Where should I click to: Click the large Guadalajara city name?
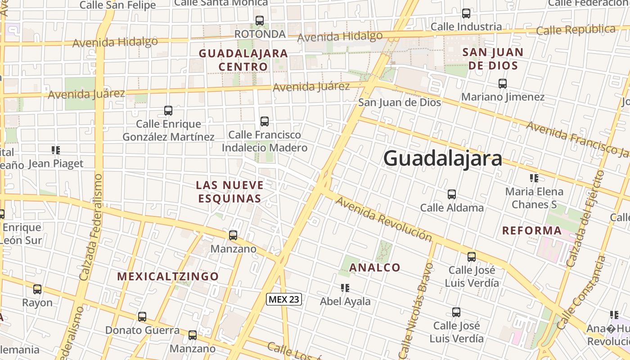pos(443,159)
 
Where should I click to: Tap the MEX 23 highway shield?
pos(284,299)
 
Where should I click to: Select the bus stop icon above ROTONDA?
pos(260,20)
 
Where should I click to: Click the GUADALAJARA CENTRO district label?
pos(243,60)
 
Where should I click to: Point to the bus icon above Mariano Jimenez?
pos(503,83)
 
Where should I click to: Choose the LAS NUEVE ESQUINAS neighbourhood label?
pos(229,192)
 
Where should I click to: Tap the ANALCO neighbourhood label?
pos(375,268)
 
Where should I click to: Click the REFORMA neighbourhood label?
pos(532,231)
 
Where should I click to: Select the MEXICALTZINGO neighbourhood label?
pos(168,276)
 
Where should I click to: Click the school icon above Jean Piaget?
pos(56,150)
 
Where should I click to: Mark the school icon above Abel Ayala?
pos(345,288)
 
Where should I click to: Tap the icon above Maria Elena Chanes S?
pos(534,178)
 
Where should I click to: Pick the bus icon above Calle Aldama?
pos(452,194)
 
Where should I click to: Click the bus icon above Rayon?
pos(37,289)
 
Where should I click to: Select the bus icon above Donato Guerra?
pos(142,317)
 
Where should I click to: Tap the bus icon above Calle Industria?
pos(466,13)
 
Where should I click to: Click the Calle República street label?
pos(576,30)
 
